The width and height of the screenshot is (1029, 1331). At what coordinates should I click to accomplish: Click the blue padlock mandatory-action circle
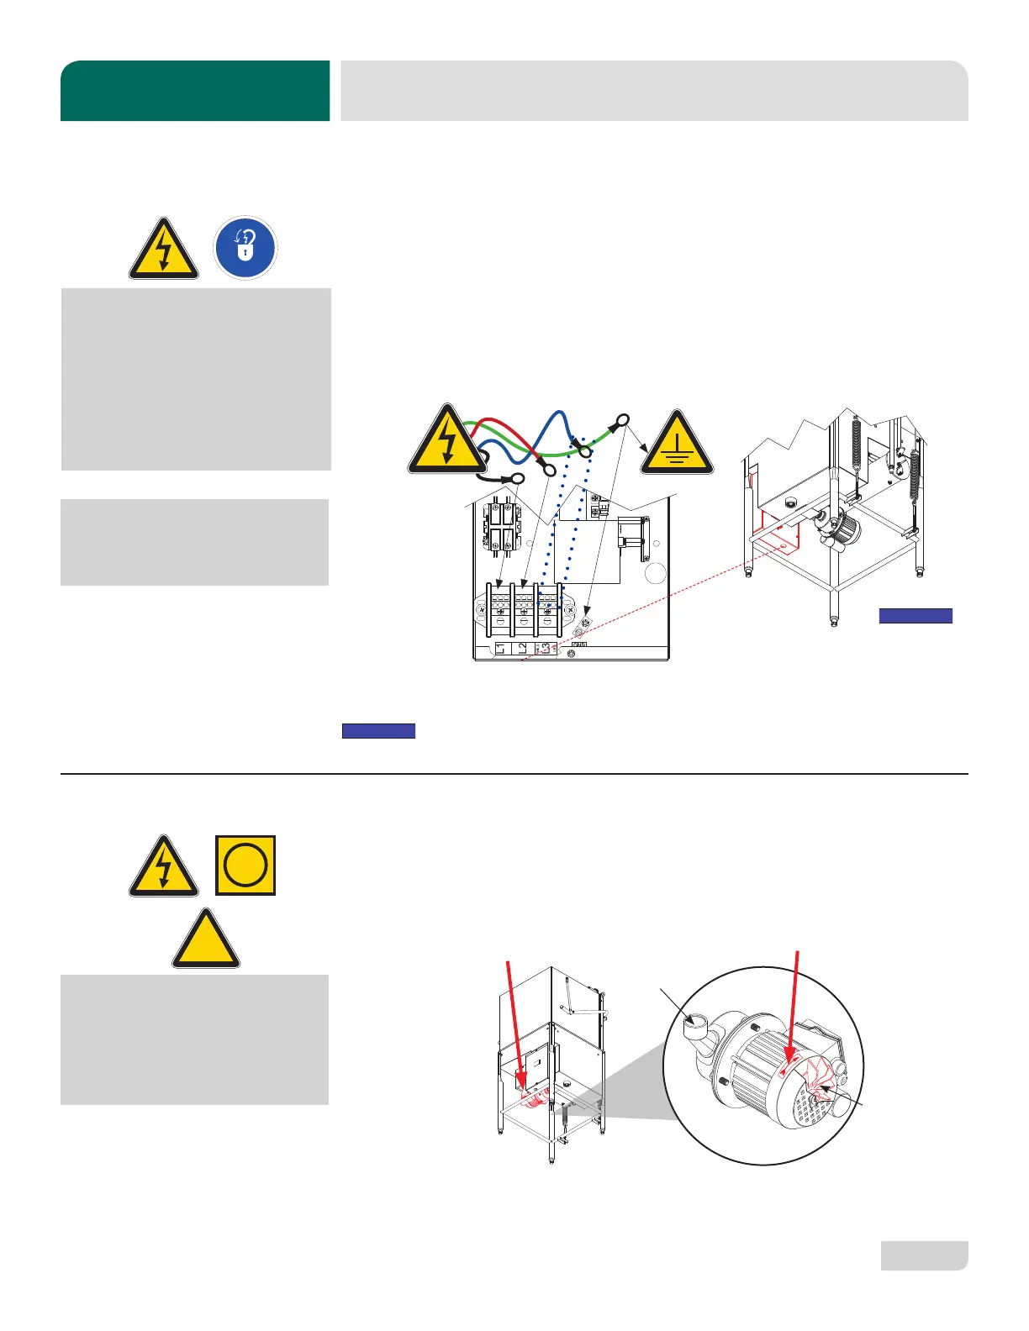pyautogui.click(x=245, y=248)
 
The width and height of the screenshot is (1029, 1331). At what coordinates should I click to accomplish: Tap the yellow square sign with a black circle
pyautogui.click(x=245, y=865)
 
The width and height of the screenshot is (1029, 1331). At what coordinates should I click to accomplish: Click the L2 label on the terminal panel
pyautogui.click(x=522, y=648)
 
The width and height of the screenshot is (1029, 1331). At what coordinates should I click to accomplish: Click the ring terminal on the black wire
pyautogui.click(x=517, y=480)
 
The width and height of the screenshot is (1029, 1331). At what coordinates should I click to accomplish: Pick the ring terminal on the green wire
pyautogui.click(x=623, y=420)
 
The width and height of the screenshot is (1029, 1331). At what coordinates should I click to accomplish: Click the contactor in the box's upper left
pyautogui.click(x=501, y=528)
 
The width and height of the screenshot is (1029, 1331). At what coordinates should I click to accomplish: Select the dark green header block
pyautogui.click(x=195, y=91)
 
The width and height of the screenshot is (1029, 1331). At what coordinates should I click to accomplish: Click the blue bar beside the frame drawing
pyautogui.click(x=916, y=616)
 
